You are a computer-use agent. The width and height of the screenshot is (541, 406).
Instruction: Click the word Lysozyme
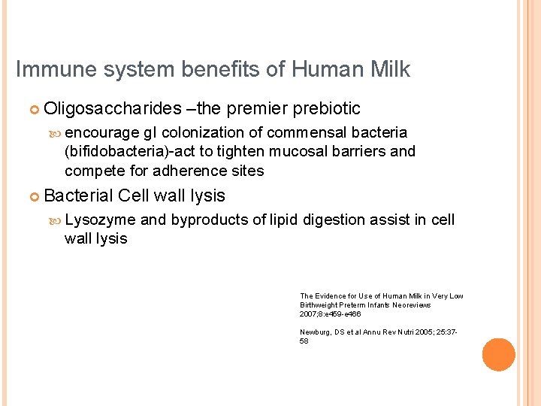[x=100, y=220]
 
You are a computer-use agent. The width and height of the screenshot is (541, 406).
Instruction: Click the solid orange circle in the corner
[x=498, y=355]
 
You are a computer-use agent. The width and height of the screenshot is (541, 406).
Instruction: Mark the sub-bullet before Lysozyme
[x=55, y=220]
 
